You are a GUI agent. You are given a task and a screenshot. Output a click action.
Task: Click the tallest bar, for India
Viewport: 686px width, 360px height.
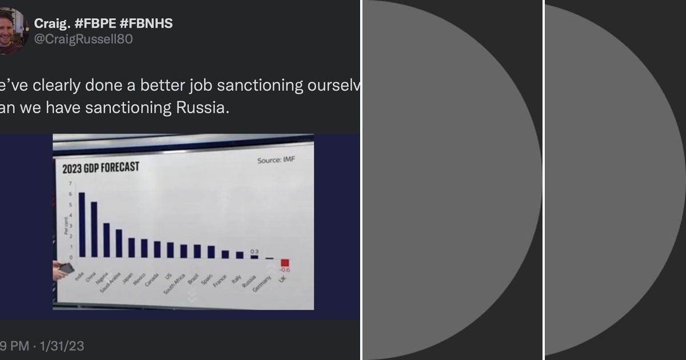coord(82,225)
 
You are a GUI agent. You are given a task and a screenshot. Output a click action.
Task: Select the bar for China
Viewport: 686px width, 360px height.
coord(94,229)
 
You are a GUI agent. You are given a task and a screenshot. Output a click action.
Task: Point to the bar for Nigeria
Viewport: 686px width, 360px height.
coord(106,240)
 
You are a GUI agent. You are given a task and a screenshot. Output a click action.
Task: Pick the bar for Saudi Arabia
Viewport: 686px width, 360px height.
coord(119,243)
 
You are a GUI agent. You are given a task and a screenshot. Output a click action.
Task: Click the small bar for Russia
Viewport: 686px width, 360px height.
coord(254,257)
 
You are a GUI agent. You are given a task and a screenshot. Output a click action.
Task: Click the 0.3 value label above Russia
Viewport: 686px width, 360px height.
coord(255,251)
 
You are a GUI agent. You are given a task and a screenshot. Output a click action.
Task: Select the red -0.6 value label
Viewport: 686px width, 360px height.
coord(284,270)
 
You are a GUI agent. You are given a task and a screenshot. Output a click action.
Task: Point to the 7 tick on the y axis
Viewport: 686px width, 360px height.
coord(71,183)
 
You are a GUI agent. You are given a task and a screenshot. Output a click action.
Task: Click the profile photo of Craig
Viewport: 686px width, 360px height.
coord(13,31)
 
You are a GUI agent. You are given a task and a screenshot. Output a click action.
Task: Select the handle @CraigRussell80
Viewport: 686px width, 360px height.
coord(83,40)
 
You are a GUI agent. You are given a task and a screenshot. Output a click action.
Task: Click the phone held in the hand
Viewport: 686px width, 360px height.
coord(66,267)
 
